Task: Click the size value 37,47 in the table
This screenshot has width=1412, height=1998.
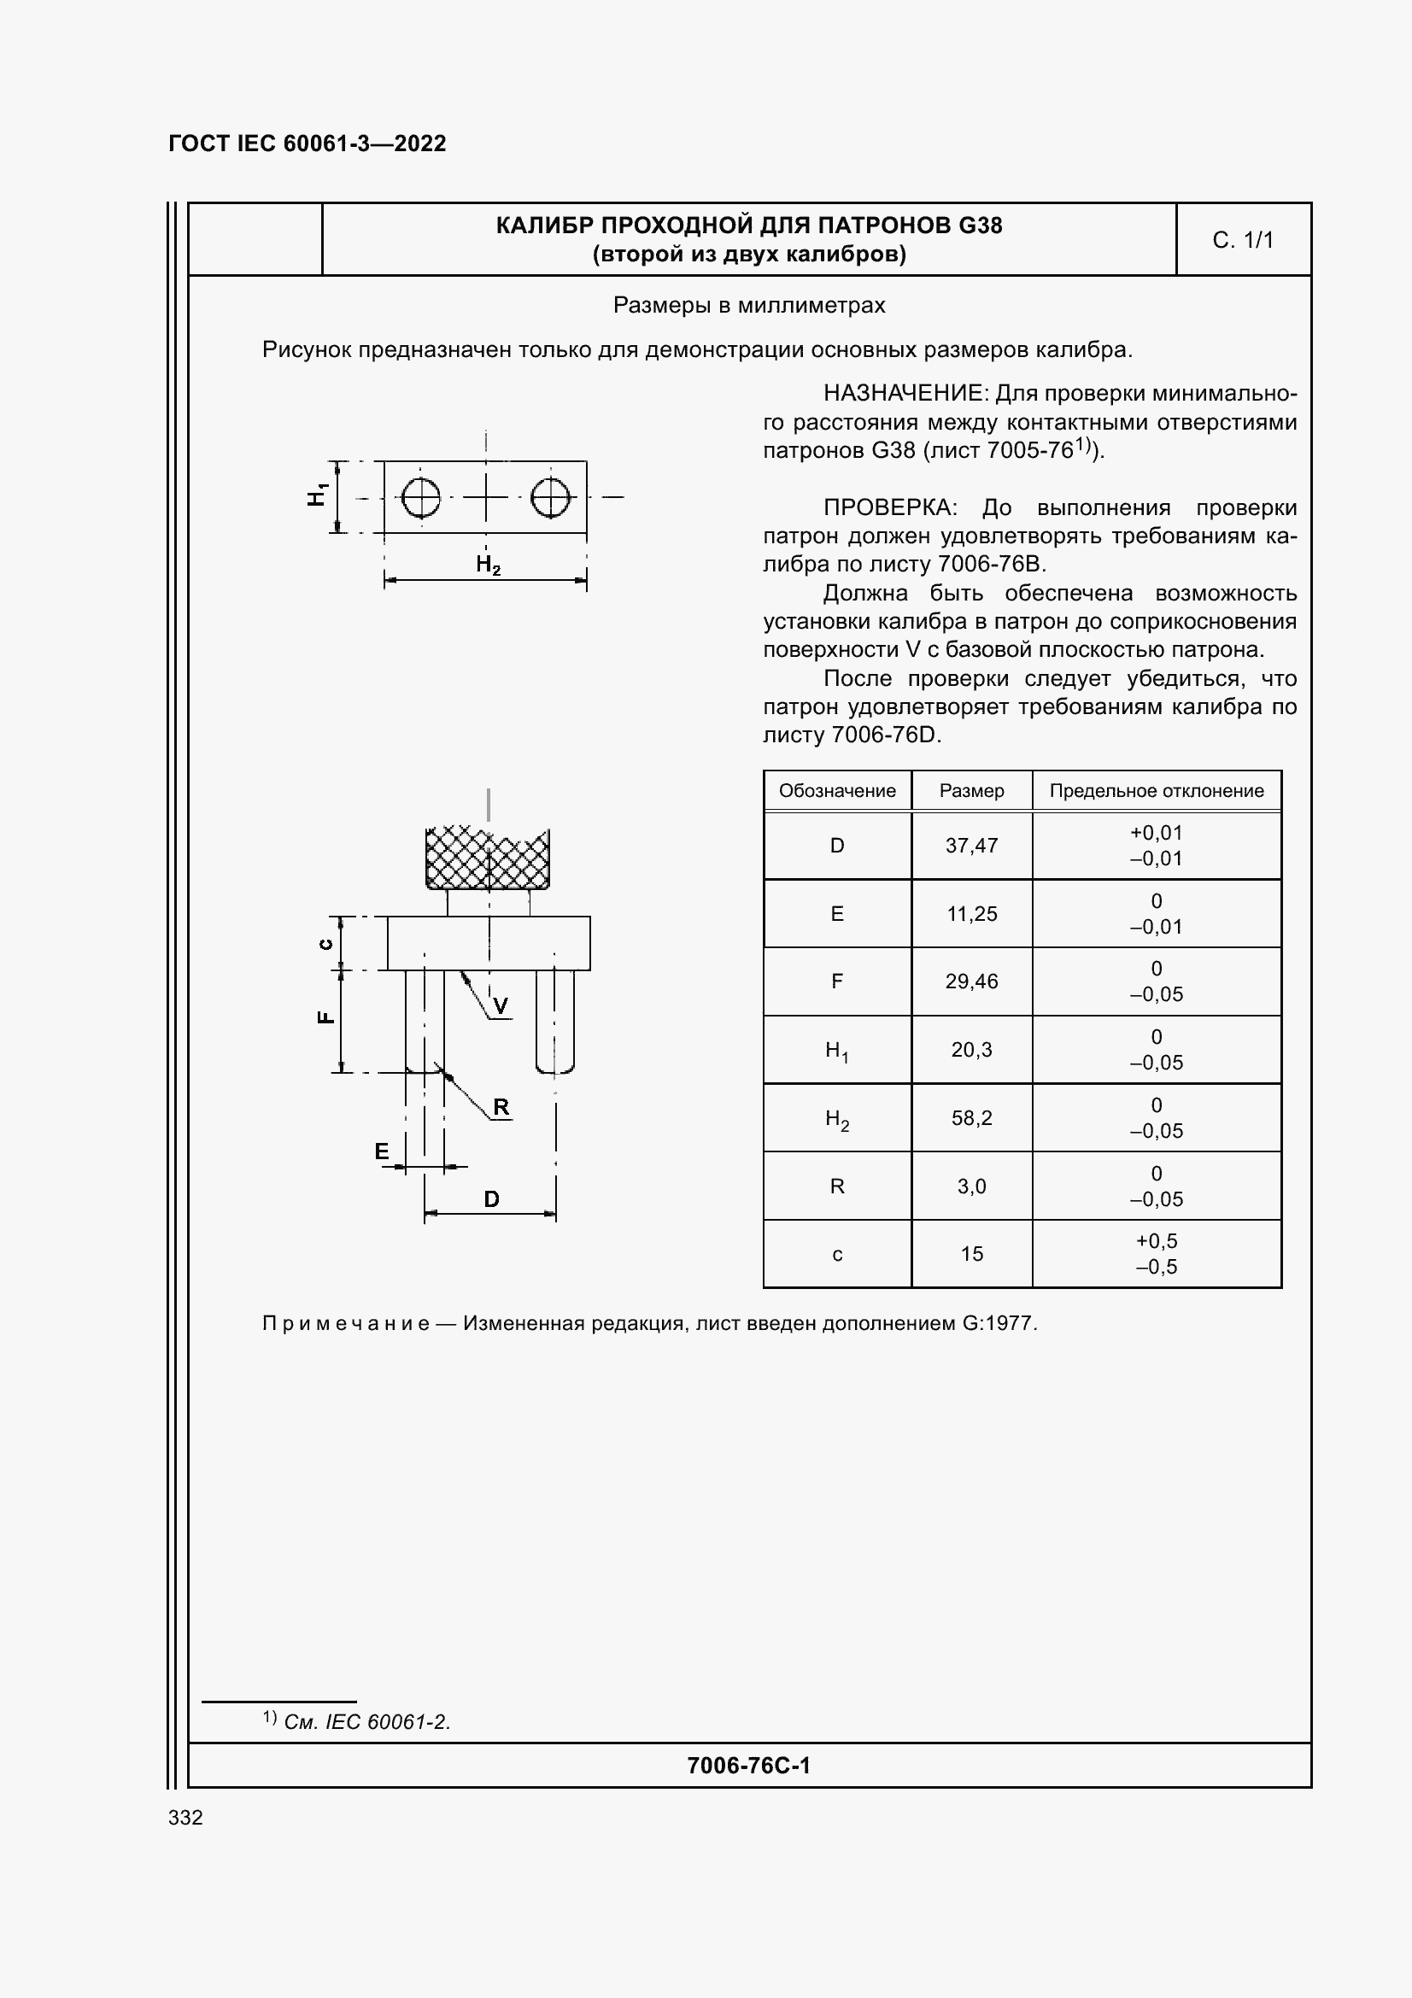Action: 971,845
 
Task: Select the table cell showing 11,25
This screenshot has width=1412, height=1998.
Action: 971,914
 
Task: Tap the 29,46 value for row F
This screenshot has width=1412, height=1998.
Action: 971,981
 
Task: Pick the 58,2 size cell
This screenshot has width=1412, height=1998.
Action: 971,1117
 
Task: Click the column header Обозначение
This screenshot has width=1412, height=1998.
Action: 837,791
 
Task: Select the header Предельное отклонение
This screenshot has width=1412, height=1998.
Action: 1156,791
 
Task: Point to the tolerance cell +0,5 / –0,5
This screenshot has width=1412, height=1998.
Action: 1156,1253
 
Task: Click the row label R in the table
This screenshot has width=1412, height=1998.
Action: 837,1186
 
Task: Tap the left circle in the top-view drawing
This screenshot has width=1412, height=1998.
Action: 421,498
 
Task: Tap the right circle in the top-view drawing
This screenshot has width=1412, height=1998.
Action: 551,498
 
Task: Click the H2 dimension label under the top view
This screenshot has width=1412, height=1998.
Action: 488,565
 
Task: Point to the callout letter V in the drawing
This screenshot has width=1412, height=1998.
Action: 501,1007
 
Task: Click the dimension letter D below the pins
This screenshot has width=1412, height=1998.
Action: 491,1199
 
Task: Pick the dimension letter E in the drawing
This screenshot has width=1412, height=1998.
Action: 382,1151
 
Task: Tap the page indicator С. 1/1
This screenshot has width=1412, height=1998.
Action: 1242,240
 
